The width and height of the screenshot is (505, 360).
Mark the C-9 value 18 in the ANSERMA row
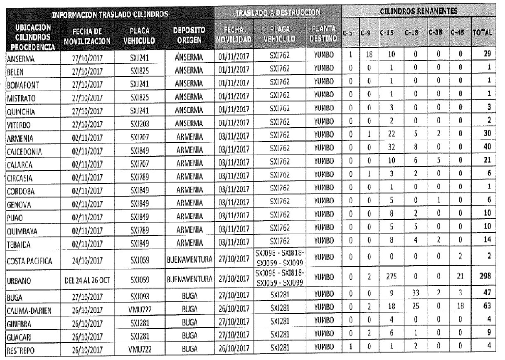(368, 54)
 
